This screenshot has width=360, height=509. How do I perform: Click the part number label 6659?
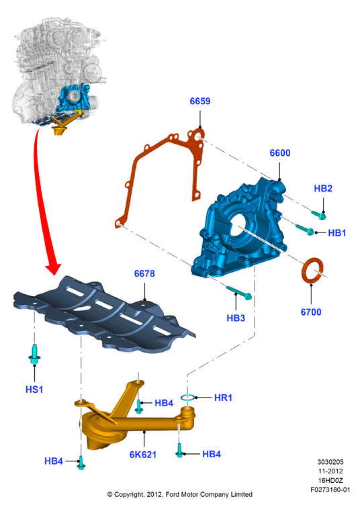[200, 101]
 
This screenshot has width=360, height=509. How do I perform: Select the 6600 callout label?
[280, 153]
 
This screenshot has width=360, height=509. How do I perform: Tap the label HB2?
[323, 189]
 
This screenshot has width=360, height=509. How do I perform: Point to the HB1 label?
[337, 233]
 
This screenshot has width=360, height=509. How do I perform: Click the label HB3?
[236, 318]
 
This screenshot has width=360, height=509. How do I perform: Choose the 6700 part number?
[311, 312]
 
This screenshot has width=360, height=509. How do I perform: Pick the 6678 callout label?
[144, 274]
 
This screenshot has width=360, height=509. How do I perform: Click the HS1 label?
[34, 389]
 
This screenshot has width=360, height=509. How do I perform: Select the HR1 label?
[224, 398]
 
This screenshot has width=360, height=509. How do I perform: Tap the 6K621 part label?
[143, 455]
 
